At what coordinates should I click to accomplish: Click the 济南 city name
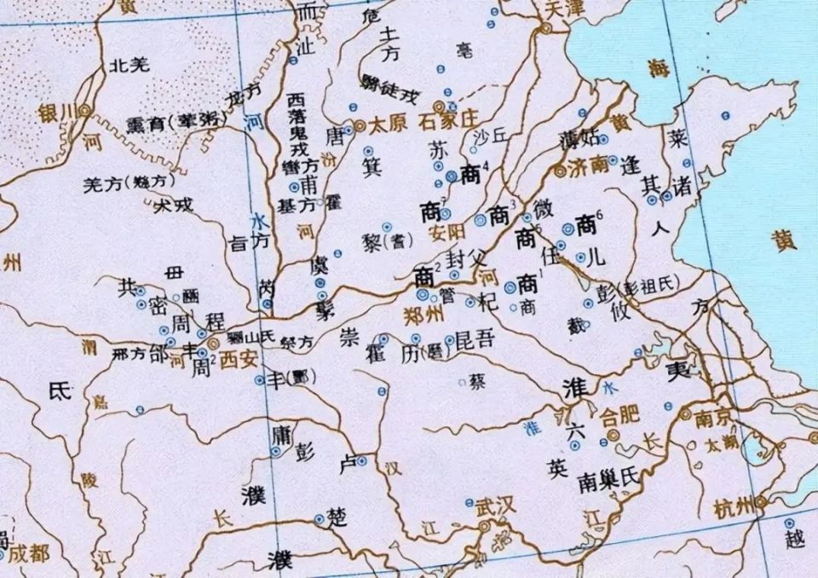coord(589,166)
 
